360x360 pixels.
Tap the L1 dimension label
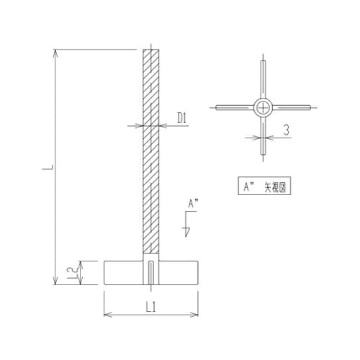[151, 307]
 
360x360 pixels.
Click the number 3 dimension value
[286, 130]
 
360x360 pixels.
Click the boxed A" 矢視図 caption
[264, 186]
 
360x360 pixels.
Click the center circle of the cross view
[264, 107]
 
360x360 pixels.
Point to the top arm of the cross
[264, 78]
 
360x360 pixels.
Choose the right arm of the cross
[293, 107]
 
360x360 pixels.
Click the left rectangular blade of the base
[123, 272]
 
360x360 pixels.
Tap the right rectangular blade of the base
[179, 272]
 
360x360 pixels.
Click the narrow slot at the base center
[150, 274]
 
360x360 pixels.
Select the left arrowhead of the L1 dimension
[107, 315]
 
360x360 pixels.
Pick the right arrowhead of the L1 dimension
[195, 315]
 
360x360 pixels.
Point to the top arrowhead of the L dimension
[56, 53]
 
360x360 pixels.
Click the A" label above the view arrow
[192, 204]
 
